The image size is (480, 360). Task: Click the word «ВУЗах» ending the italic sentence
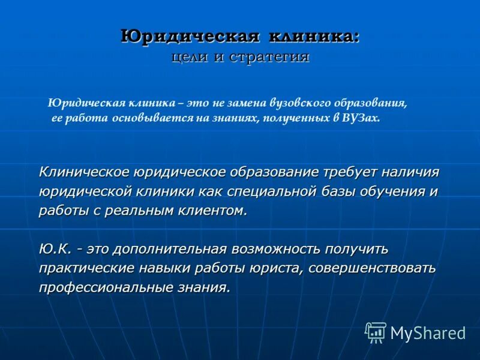click(361, 118)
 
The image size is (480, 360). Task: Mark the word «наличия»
click(409, 172)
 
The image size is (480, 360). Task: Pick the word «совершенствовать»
click(372, 268)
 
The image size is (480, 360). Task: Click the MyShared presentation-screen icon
click(376, 332)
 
